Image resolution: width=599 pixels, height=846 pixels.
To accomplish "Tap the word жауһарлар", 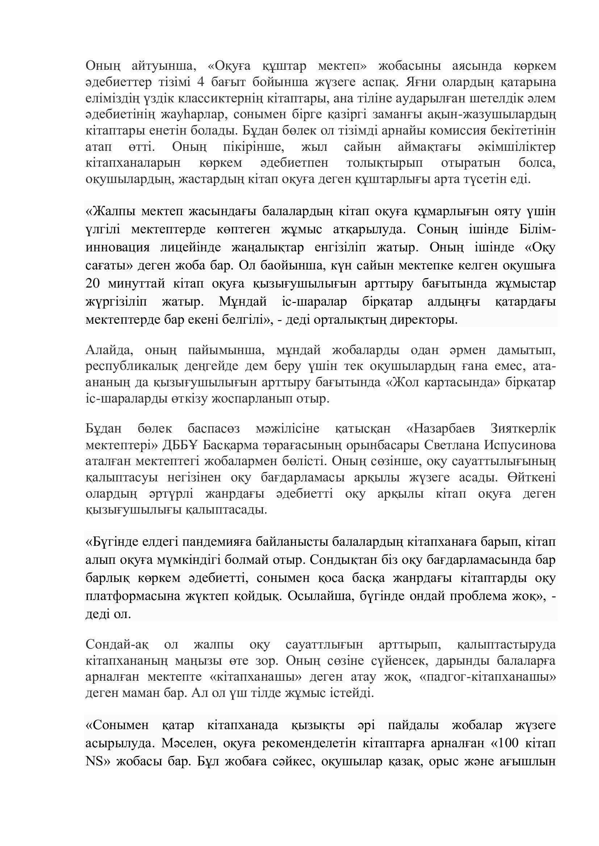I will pos(192,115).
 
